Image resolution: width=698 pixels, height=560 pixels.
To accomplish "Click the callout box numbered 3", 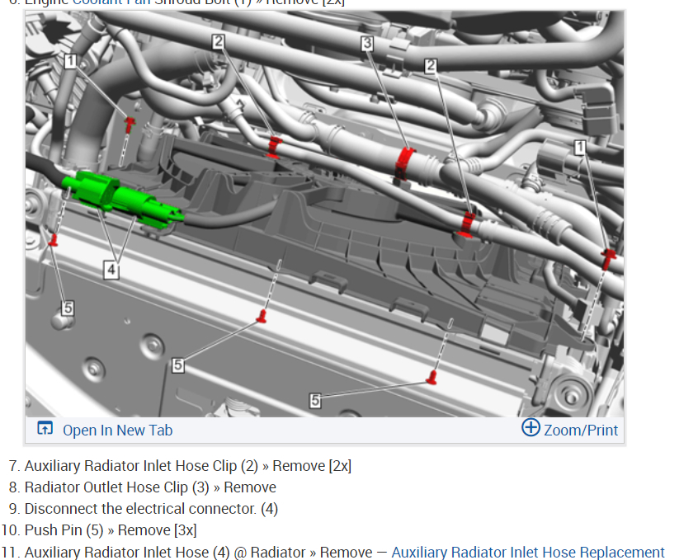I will point(367,43).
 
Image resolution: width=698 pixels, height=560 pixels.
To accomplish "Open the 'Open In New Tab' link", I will point(117,430).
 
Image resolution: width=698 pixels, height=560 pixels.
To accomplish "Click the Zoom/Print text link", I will point(581,430).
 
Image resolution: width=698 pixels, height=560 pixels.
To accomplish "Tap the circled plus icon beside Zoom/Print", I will point(531,428).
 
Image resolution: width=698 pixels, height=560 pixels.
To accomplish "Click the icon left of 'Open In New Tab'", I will point(45,429).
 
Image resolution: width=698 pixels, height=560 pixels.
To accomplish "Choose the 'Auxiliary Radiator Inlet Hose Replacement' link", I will point(528,553).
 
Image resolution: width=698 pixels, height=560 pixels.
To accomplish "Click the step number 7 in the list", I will point(12,466).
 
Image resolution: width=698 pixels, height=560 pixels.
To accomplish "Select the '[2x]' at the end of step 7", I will point(340,466).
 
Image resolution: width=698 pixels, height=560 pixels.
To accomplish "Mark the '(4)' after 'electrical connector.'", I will point(269,509).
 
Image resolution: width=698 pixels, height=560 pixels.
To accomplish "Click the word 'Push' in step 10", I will point(40,530).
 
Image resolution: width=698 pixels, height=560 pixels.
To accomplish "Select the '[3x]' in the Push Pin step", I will point(185,530).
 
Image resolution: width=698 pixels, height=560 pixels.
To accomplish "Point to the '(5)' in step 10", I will point(94,530).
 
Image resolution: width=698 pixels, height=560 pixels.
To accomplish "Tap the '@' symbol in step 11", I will point(240,553).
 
